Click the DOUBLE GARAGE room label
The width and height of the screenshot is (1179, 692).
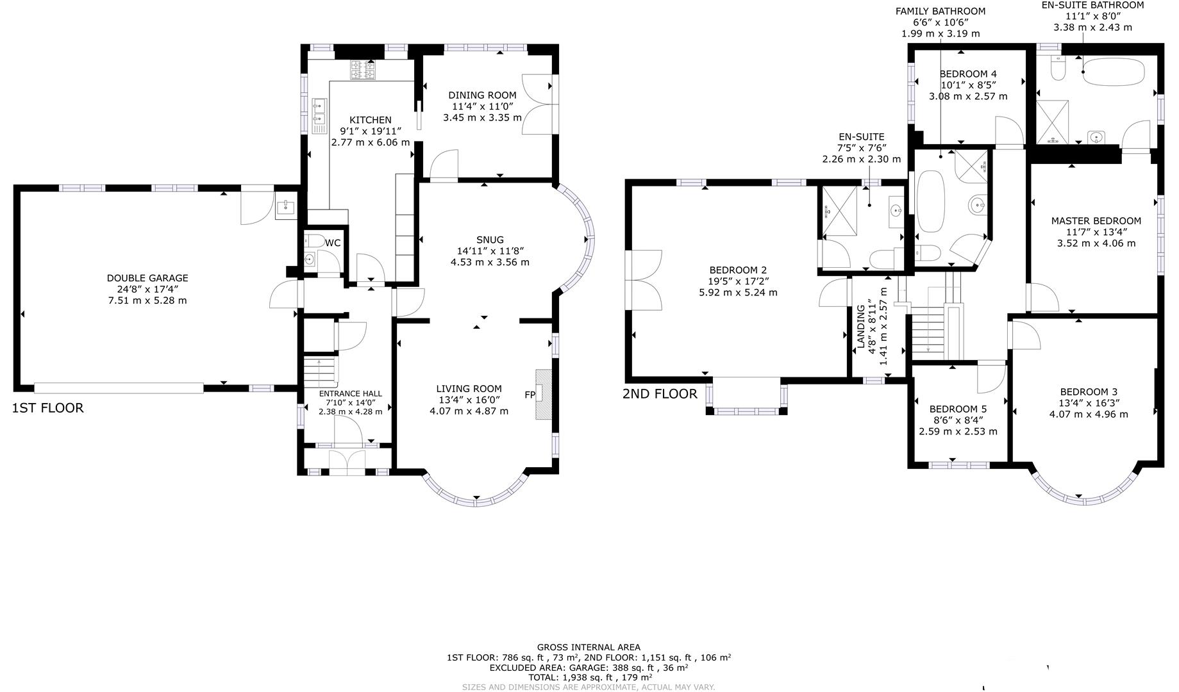pos(147,278)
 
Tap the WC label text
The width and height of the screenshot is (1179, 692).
pos(333,243)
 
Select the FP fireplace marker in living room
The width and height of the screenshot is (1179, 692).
pos(530,395)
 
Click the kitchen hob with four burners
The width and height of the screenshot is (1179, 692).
pos(362,70)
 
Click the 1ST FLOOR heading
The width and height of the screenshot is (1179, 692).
pos(47,408)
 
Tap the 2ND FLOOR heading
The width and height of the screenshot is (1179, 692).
pos(660,394)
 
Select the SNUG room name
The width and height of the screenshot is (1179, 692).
pos(490,240)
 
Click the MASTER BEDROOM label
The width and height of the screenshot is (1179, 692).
pos(1096,221)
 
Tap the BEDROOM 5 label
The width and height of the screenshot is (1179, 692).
pos(958,409)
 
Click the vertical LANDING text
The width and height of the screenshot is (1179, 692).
pos(861,327)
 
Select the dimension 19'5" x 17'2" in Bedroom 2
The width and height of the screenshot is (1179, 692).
pos(738,281)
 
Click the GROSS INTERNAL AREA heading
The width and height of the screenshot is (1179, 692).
pos(589,647)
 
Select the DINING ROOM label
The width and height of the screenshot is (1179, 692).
pos(482,95)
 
